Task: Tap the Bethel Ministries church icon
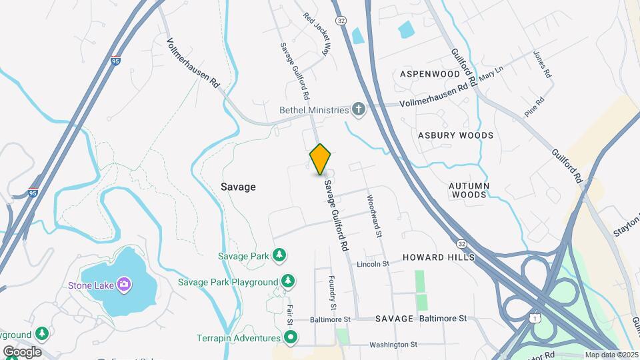click(359, 109)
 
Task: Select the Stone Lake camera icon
click(123, 285)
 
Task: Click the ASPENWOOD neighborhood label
click(430, 74)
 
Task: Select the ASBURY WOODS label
click(456, 135)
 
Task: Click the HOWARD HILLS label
click(439, 257)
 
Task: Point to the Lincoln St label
click(373, 264)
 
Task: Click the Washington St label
click(393, 345)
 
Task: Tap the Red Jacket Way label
click(317, 33)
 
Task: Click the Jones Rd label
click(542, 65)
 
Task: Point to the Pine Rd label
click(535, 107)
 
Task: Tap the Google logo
click(22, 352)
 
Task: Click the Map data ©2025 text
click(611, 355)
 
